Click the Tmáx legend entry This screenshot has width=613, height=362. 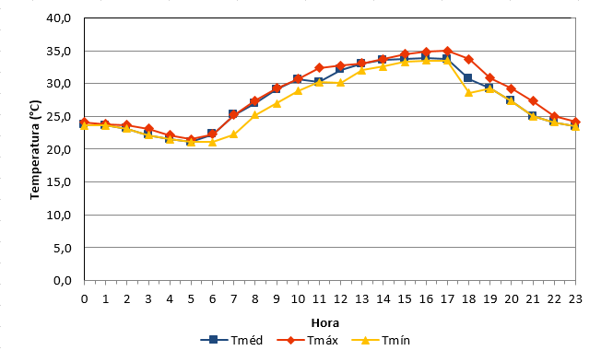coord(307,340)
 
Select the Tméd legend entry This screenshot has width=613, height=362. coord(231,340)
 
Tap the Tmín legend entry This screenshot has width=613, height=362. coord(381,340)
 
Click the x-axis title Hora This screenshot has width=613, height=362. coord(324,323)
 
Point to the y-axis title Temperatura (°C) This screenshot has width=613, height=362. coord(35,149)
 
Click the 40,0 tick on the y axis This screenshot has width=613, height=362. coord(59,18)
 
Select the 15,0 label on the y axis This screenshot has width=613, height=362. coord(59,182)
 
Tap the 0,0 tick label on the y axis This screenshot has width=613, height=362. coord(63,280)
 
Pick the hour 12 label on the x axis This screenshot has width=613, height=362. coord(340,299)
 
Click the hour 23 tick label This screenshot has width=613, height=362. coord(575,299)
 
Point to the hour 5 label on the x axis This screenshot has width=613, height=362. coord(191,299)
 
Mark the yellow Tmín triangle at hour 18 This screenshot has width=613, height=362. coord(469,92)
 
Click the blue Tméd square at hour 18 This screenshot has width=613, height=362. coord(468,78)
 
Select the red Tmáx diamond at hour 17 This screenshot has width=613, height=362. coord(448,51)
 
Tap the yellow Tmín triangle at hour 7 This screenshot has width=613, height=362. coord(233,134)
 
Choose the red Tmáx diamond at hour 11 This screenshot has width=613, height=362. coord(319,68)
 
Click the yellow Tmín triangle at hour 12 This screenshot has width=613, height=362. coord(340,82)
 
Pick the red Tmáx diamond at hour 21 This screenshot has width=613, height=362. coord(533,101)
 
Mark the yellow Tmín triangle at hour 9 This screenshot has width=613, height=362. coord(277,103)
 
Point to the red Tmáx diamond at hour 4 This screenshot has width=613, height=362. coord(170,135)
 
